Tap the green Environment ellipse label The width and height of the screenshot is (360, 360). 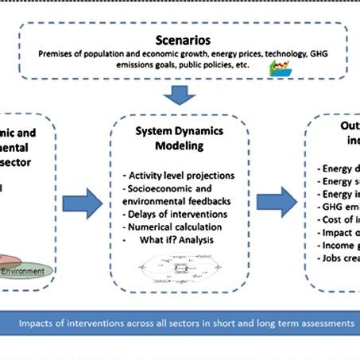(29, 272)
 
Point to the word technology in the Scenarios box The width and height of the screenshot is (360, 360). (265, 53)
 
